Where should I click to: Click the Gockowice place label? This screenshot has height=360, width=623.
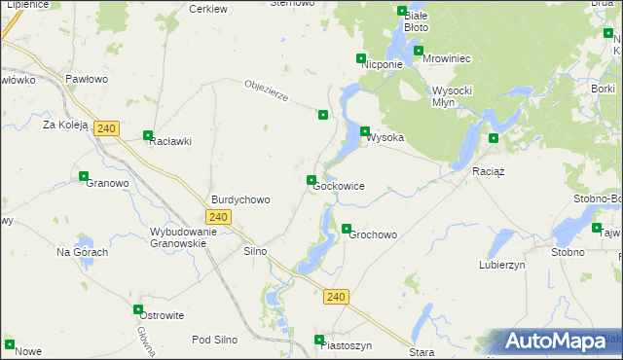(x=339, y=185)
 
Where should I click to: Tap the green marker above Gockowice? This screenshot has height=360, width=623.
(x=311, y=180)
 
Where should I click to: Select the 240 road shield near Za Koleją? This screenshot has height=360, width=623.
(x=107, y=128)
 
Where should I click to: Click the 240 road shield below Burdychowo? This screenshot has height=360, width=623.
(x=219, y=217)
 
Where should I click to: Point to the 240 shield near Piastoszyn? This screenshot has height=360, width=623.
(x=336, y=296)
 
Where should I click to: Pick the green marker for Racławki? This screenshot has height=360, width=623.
(x=148, y=136)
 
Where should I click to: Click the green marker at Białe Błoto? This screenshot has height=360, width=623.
(x=402, y=12)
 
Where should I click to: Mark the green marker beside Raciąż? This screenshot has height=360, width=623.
(x=494, y=138)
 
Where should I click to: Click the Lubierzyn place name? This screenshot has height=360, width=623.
(x=502, y=264)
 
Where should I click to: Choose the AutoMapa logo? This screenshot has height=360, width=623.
(x=555, y=342)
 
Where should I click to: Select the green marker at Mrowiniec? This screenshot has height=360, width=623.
(x=419, y=51)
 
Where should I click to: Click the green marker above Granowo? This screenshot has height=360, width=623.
(x=84, y=176)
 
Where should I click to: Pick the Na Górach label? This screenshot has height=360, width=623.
(x=82, y=252)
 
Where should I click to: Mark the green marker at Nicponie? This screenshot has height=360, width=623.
(x=361, y=58)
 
